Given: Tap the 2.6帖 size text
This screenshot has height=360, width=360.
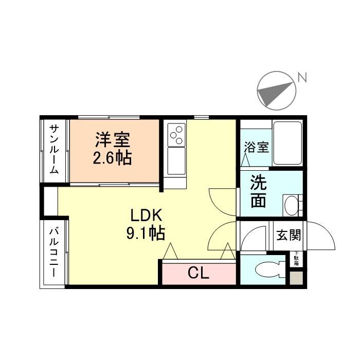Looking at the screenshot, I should point(112,158).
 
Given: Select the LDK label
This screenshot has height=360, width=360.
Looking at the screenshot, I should point(146,215).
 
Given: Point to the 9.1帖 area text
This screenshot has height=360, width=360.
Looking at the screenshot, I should point(146,234).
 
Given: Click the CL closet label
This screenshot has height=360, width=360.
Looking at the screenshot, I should point(198,273).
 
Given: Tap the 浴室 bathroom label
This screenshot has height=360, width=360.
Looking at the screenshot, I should point(256,148).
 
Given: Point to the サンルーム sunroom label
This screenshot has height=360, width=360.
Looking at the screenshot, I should point(54,149).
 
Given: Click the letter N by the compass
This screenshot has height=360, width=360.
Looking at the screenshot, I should point(302,78).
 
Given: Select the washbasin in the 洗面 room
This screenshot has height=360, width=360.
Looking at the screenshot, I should point(292,205).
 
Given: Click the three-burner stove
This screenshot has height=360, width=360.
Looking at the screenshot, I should point(176,134).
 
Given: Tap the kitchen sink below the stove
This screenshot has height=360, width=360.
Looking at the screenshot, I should point(176,160).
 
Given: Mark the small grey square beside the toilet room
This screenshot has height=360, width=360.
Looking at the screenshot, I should point(296,278).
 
